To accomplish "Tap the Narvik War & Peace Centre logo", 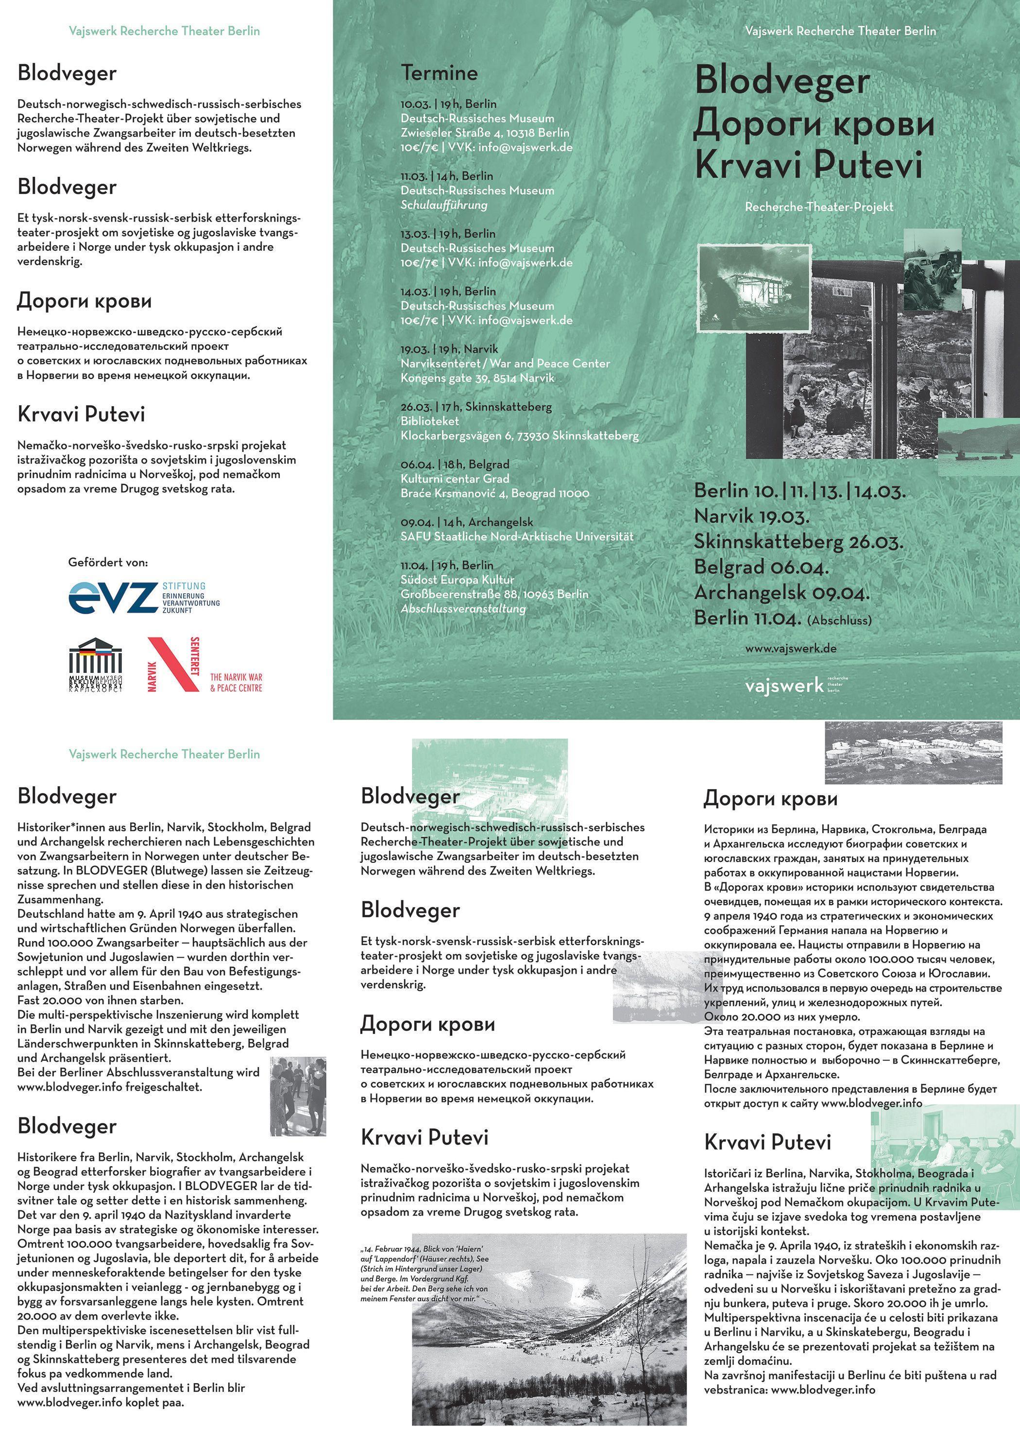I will click(x=204, y=664).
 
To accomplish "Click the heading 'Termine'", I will click(x=439, y=73).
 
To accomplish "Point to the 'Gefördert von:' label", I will click(x=108, y=563).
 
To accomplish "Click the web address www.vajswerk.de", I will click(x=791, y=649).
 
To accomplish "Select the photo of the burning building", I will click(x=755, y=287).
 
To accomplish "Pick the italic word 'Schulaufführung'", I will click(x=443, y=205).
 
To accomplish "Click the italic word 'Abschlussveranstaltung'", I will click(x=463, y=608).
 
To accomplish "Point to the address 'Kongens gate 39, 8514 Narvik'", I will click(x=477, y=378).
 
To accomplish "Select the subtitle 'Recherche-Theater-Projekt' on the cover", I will click(x=819, y=207).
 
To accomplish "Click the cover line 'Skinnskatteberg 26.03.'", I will click(x=798, y=542).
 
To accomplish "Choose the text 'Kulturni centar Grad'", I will click(x=455, y=479).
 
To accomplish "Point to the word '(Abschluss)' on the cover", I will click(x=840, y=620).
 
